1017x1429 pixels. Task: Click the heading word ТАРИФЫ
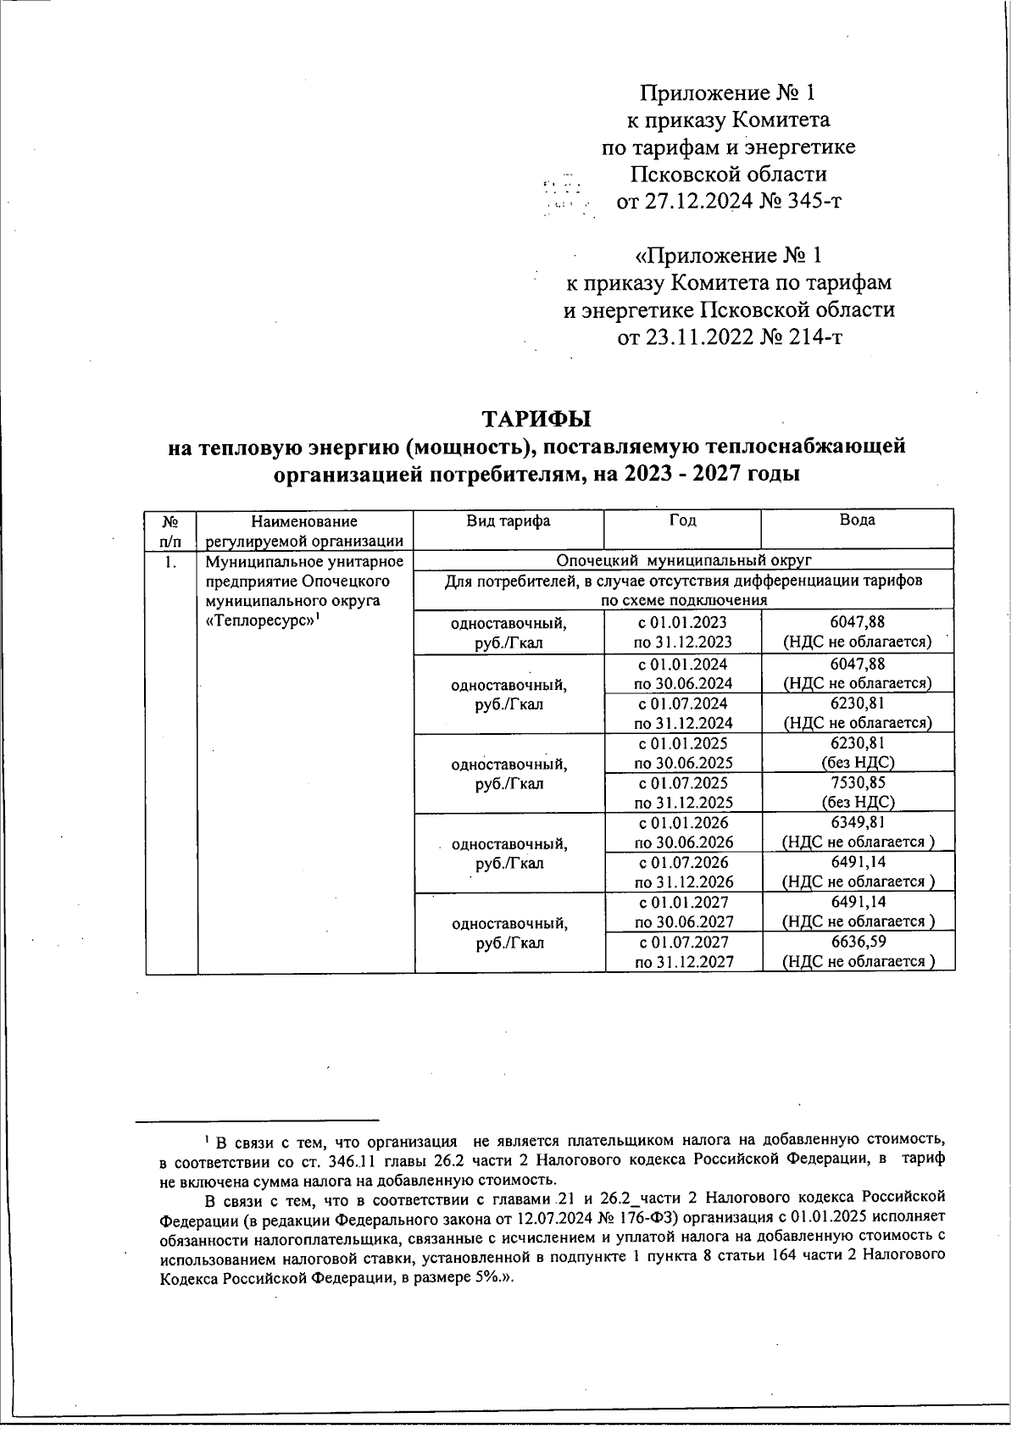pos(536,419)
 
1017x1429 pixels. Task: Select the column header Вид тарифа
pos(508,520)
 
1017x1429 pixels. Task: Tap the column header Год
pos(682,520)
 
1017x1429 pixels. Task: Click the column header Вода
pos(857,520)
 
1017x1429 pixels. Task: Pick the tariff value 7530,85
pos(857,783)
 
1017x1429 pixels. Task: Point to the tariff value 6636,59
pos(857,942)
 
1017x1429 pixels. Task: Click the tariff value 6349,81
pos(857,822)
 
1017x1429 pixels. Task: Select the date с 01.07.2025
pos(683,783)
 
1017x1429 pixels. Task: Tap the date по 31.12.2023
pos(683,642)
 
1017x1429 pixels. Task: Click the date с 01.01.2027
pos(683,902)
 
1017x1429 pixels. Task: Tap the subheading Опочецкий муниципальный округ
pos(684,560)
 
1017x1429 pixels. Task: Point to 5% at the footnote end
pos(486,1277)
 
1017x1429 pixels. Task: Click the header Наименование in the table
pos(304,521)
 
